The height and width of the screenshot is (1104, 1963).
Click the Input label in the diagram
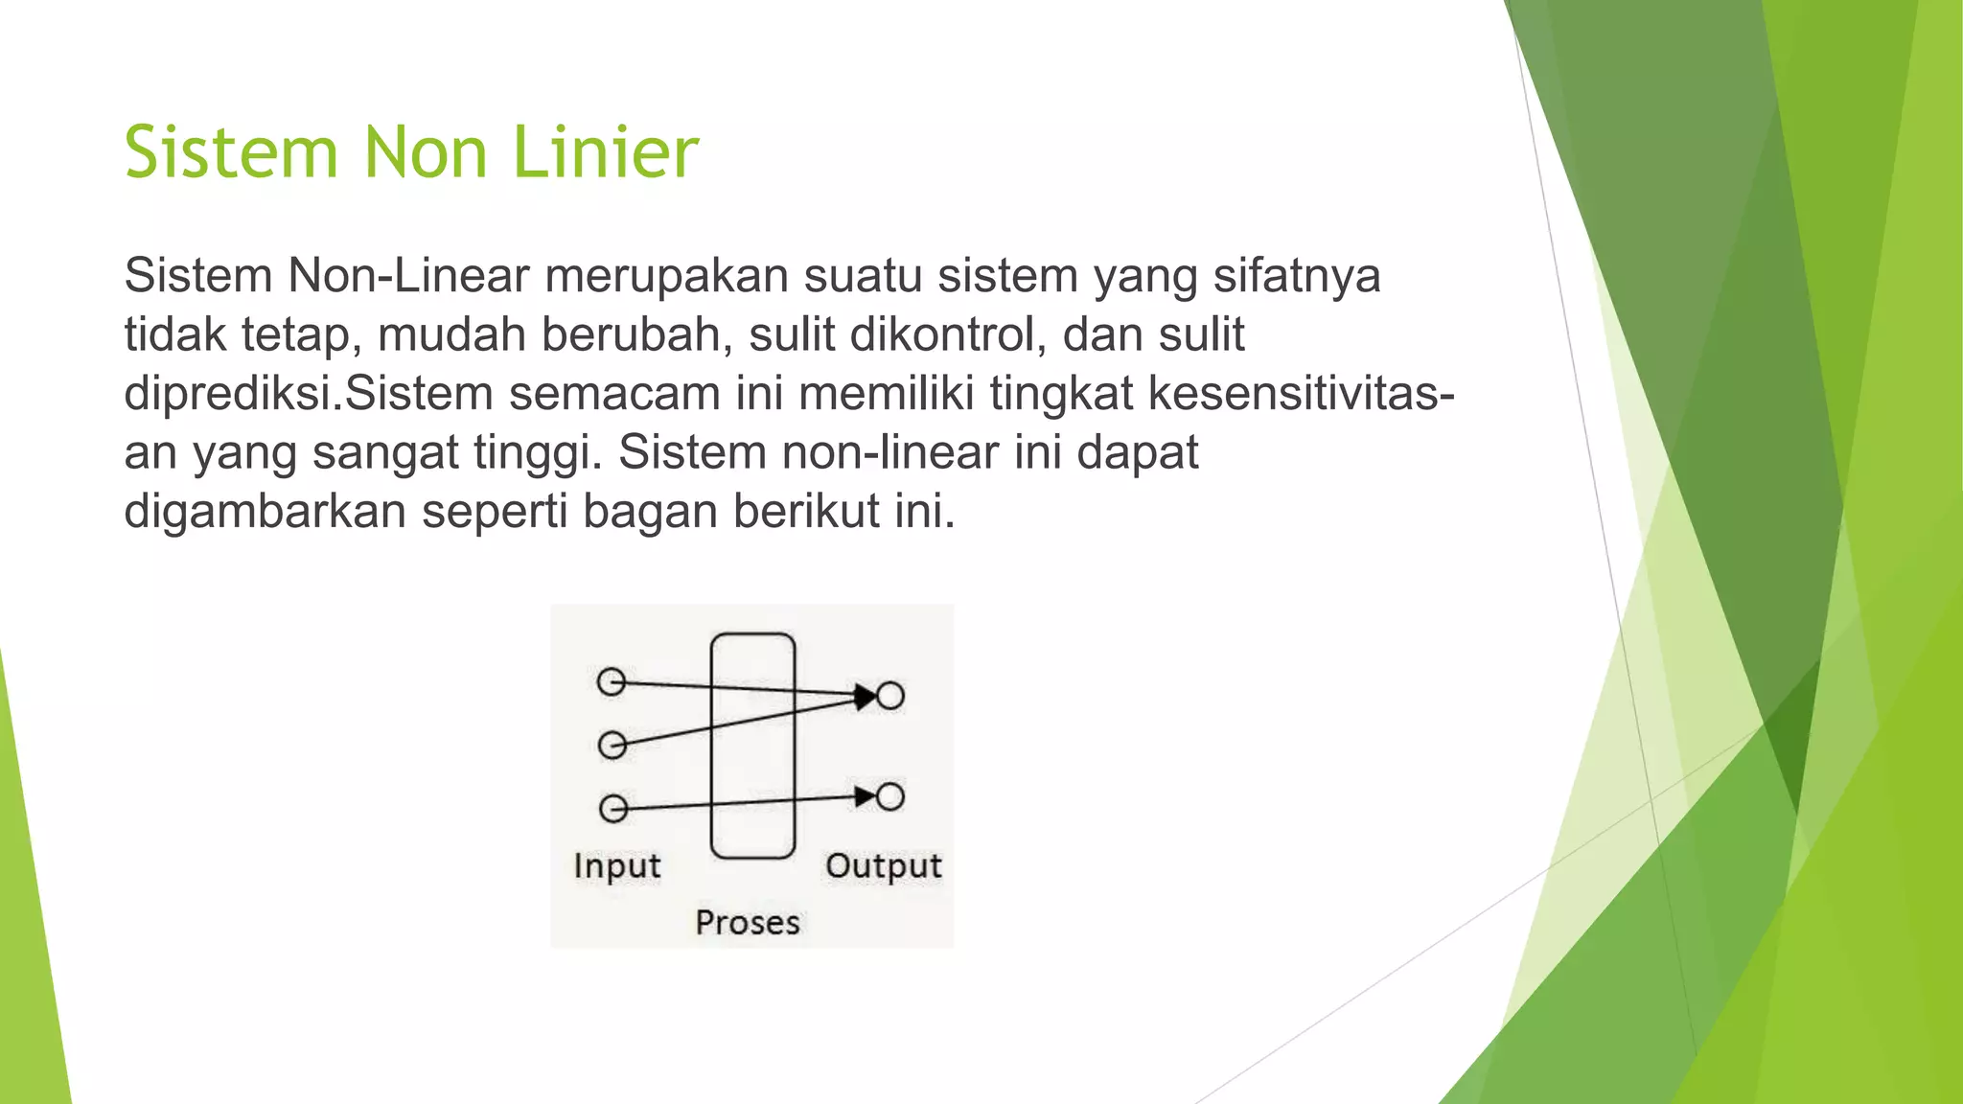pos(617,866)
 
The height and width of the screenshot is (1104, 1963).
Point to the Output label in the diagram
pos(884,866)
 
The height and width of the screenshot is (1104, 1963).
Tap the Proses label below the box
pos(748,923)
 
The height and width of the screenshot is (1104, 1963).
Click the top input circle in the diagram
pos(611,682)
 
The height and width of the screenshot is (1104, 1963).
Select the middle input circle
pos(612,745)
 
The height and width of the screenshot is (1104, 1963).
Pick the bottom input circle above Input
pos(613,809)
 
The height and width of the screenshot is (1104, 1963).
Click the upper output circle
pos(890,696)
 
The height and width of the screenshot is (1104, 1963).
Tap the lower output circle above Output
pos(890,796)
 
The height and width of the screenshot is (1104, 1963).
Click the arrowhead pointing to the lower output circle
pos(866,796)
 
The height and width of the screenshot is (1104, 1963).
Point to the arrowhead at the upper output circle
pos(866,697)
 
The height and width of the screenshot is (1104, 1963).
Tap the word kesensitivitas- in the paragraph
pos(1301,394)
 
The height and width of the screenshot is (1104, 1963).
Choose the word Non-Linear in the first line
pos(408,276)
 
